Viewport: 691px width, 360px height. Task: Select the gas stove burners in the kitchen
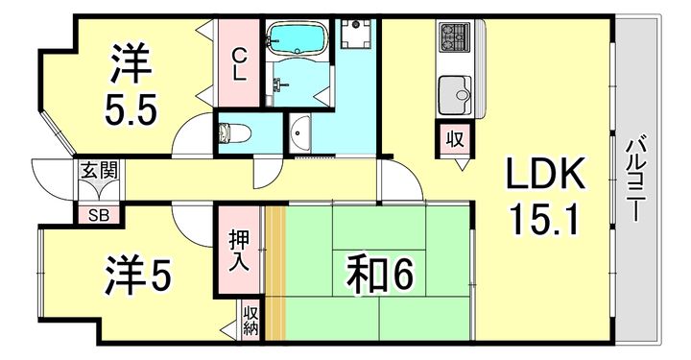click(x=452, y=36)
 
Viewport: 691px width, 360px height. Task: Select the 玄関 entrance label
click(x=99, y=174)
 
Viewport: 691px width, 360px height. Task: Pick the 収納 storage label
click(x=250, y=321)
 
